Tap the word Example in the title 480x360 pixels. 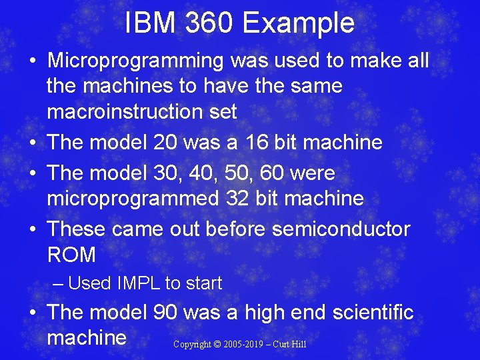(x=299, y=23)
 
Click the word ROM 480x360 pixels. (x=71, y=255)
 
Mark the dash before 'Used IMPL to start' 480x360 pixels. (x=58, y=283)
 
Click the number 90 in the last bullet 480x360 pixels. (x=167, y=312)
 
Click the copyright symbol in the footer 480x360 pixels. (x=217, y=345)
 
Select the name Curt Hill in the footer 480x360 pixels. (x=289, y=345)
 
